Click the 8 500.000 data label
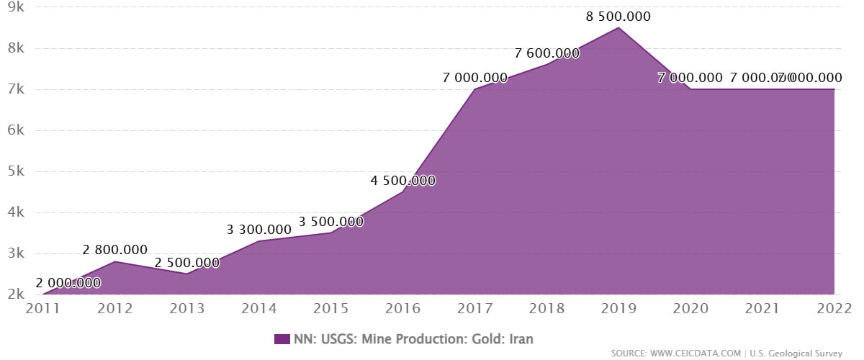[x=618, y=16]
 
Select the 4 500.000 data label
[x=403, y=180]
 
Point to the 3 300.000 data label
[x=259, y=230]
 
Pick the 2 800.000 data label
[x=115, y=250]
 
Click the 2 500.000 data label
[x=187, y=263]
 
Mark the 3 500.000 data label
[x=331, y=222]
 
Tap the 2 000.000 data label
[x=68, y=283]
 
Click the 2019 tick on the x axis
[x=618, y=310]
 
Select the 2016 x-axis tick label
[x=402, y=310]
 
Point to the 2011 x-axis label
[x=42, y=310]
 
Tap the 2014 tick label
[x=258, y=310]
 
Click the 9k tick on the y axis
[x=16, y=8]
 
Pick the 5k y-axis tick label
[x=16, y=172]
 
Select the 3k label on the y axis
[x=16, y=254]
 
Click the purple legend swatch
[x=282, y=338]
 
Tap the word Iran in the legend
[x=518, y=338]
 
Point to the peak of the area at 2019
[x=618, y=28]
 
